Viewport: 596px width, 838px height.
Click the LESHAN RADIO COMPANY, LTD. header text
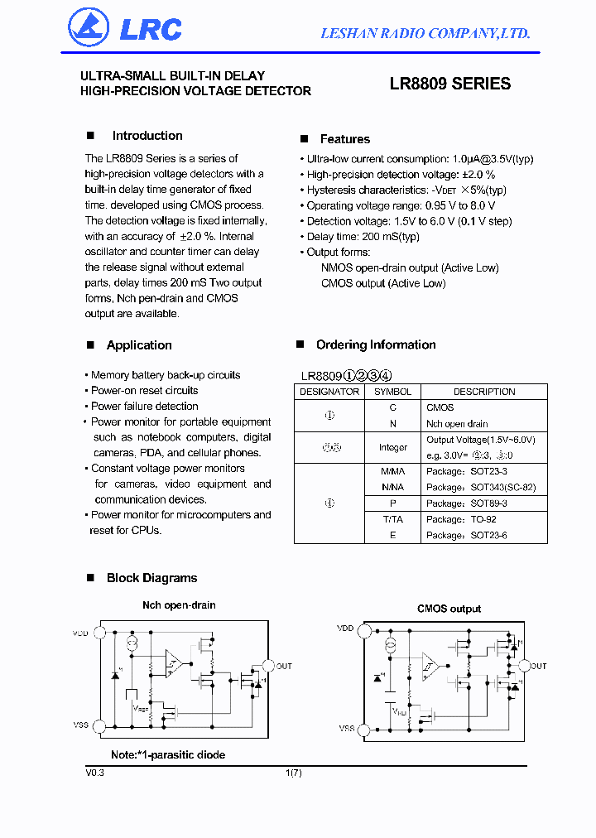pyautogui.click(x=425, y=33)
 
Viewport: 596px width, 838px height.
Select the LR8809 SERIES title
pyautogui.click(x=449, y=84)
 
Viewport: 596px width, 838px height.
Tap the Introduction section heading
pyautogui.click(x=147, y=136)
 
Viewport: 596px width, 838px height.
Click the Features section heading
pyautogui.click(x=344, y=139)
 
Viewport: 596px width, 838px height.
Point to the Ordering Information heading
pyautogui.click(x=375, y=344)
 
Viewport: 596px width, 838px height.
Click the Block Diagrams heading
pyautogui.click(x=151, y=578)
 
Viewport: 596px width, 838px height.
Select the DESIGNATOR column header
pyautogui.click(x=329, y=392)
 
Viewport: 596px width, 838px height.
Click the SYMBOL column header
pyautogui.click(x=392, y=392)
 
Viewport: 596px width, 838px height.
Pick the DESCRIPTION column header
pyautogui.click(x=484, y=392)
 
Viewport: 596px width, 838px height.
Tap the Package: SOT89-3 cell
pyautogui.click(x=466, y=503)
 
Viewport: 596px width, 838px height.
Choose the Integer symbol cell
pyautogui.click(x=392, y=448)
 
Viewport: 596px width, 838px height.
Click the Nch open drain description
pyautogui.click(x=457, y=424)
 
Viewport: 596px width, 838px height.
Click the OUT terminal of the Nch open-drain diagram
pyautogui.click(x=267, y=666)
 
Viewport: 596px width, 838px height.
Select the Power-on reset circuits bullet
pyautogui.click(x=145, y=390)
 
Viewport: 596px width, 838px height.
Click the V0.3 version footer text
pyautogui.click(x=94, y=772)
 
